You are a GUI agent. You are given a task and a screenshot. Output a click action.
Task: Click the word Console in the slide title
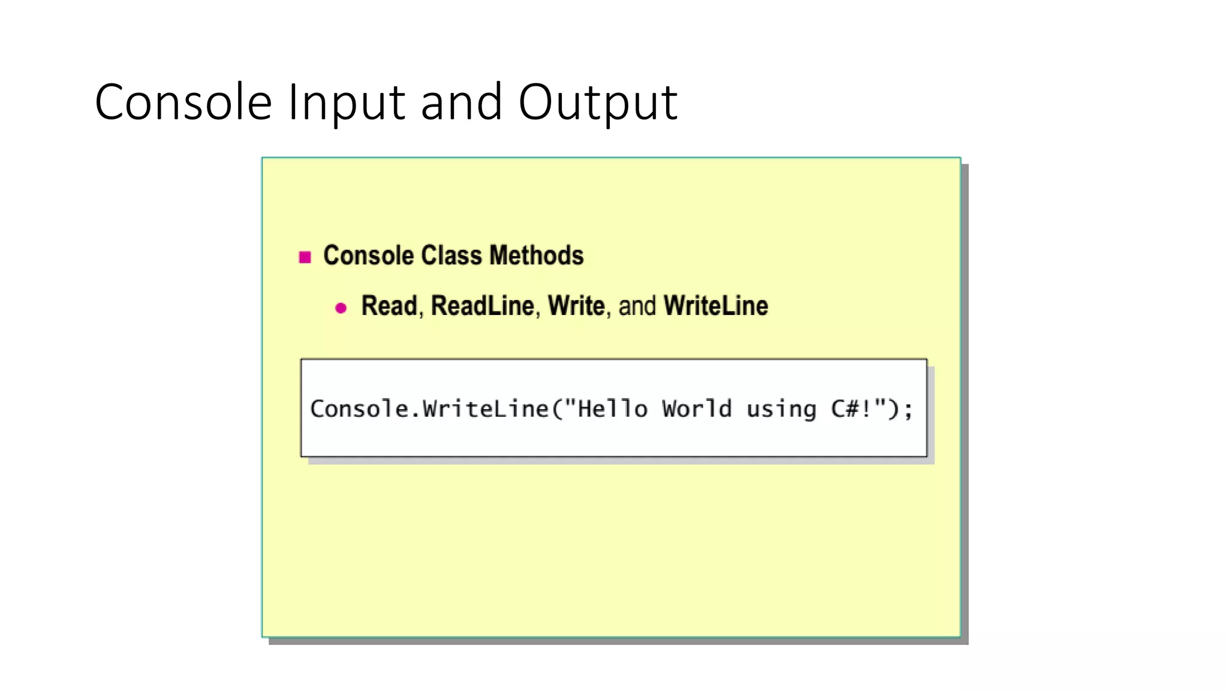(x=183, y=102)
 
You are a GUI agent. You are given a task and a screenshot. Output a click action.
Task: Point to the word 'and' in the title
(x=461, y=102)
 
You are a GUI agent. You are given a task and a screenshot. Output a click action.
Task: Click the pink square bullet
(x=305, y=257)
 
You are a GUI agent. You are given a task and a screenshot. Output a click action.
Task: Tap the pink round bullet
(x=341, y=308)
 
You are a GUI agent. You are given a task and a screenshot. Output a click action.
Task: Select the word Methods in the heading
(x=537, y=256)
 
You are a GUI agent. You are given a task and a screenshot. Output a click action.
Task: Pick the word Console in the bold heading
(x=369, y=256)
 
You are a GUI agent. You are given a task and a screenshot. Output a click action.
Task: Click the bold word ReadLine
(x=482, y=306)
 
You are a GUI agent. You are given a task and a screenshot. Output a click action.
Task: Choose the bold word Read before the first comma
(x=389, y=306)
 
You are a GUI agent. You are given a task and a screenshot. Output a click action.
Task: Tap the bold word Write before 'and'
(x=576, y=306)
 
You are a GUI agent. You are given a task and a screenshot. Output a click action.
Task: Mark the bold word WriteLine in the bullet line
(x=716, y=306)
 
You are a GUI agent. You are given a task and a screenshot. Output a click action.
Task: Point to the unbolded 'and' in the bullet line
(x=637, y=306)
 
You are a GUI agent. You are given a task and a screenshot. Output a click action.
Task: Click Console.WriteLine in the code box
(x=429, y=409)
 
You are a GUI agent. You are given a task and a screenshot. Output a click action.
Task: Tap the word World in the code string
(x=697, y=409)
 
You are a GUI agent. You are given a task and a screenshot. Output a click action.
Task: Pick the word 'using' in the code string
(x=781, y=410)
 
